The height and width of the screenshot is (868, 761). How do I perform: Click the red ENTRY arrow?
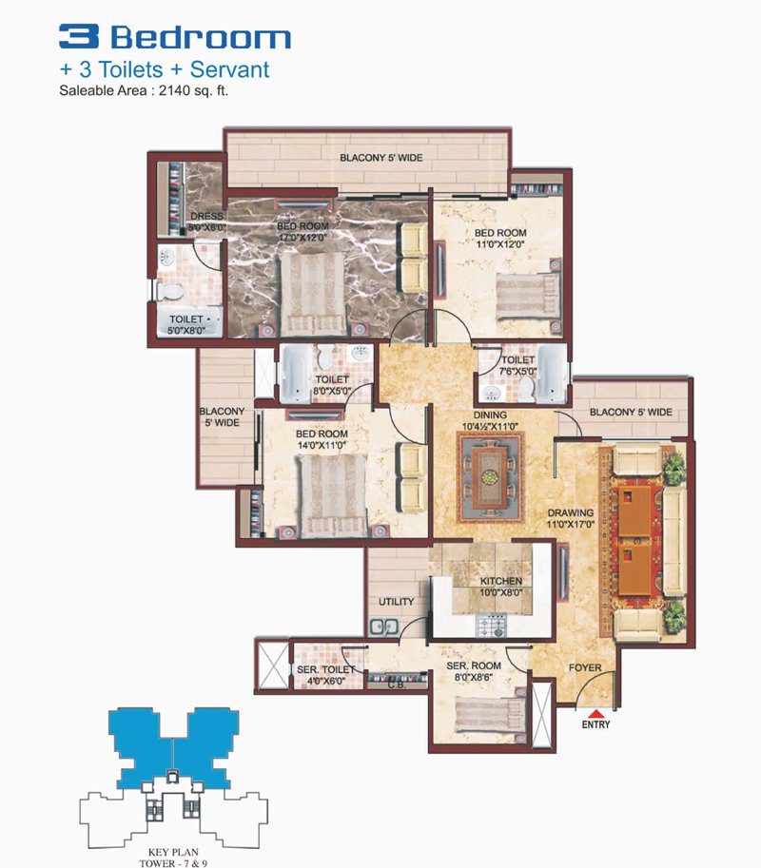point(595,713)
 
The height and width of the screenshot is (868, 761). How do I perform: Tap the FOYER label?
point(585,667)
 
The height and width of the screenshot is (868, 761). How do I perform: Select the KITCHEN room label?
point(500,581)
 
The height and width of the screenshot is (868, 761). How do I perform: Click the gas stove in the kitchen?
point(492,627)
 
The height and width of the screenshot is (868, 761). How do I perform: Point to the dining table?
point(490,476)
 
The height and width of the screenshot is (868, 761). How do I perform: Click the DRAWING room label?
point(571,512)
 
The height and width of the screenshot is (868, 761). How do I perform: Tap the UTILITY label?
point(396,602)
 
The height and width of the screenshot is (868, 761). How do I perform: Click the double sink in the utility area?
point(383,627)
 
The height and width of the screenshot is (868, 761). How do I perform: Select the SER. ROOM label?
point(474,665)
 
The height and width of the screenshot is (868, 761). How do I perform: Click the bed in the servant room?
point(490,715)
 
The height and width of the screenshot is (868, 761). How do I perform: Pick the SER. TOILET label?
point(325,670)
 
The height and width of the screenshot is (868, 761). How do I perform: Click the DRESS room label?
point(206,217)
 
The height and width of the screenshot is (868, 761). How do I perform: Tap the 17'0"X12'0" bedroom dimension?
point(302,238)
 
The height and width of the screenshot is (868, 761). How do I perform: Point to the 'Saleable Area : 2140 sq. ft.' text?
point(144,90)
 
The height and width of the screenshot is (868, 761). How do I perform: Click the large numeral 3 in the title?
point(79,36)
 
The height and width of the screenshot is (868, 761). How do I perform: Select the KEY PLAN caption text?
point(173,853)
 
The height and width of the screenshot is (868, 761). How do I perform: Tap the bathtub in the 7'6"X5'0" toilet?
point(552,375)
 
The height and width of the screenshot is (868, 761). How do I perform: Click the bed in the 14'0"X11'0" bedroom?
point(332,495)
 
